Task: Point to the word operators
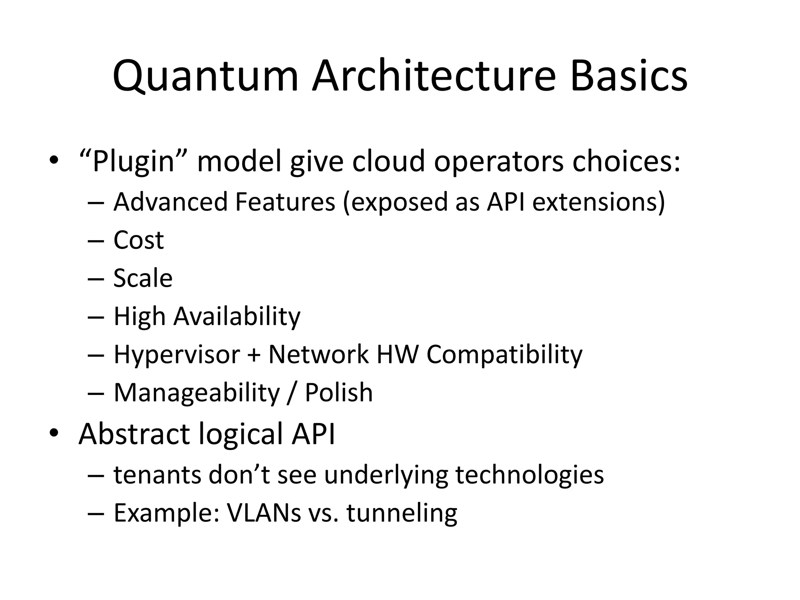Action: click(498, 161)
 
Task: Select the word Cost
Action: click(138, 240)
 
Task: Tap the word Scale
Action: click(143, 278)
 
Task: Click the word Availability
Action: click(237, 316)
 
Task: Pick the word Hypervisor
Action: click(177, 355)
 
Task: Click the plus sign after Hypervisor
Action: click(254, 355)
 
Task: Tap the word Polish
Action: click(338, 393)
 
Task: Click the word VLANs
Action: click(264, 513)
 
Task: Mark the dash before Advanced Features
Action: click(96, 203)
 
